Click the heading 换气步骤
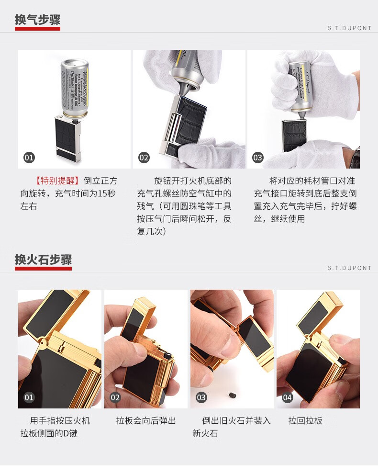pyautogui.click(x=37, y=20)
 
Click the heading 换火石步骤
pyautogui.click(x=43, y=260)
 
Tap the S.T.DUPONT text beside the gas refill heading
pyautogui.click(x=349, y=28)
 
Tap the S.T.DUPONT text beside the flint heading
pyautogui.click(x=349, y=268)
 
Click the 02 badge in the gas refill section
pyautogui.click(x=144, y=157)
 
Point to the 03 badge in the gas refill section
pyautogui.click(x=258, y=157)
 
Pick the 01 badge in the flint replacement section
pyautogui.click(x=30, y=397)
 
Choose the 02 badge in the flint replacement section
pyautogui.click(x=115, y=397)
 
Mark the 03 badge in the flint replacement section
pyautogui.click(x=201, y=397)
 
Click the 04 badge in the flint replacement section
pyautogui.click(x=287, y=397)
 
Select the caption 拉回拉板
pyautogui.click(x=305, y=420)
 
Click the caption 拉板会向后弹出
pyautogui.click(x=146, y=420)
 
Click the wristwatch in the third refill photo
pyautogui.click(x=356, y=156)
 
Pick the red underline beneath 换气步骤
pyautogui.click(x=37, y=29)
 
